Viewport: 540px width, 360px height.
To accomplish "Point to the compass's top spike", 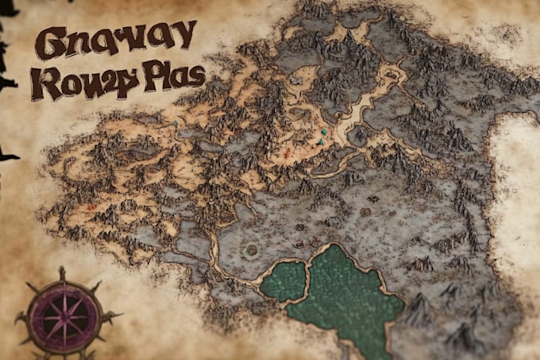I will click(62, 273).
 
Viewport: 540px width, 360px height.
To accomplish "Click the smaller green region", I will click(283, 281).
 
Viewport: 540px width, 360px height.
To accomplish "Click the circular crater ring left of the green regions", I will click(252, 250).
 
